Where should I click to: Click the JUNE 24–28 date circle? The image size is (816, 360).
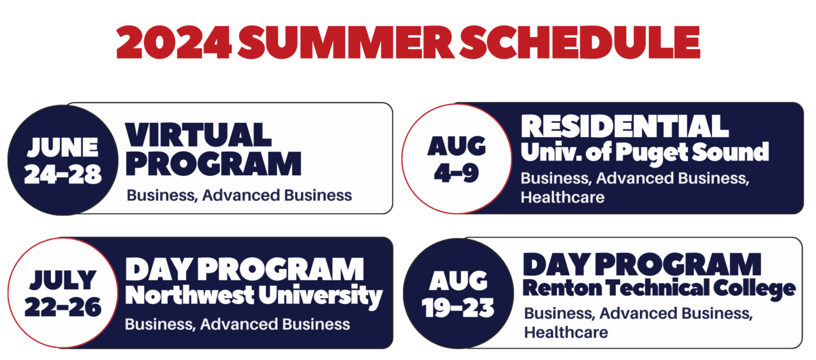[62, 160]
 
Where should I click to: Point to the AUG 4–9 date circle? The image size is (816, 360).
[456, 159]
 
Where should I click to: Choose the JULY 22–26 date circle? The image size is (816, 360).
[62, 293]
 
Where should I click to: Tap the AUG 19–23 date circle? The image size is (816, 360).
[458, 294]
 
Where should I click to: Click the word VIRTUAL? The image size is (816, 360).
[198, 135]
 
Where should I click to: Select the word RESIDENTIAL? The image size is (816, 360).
[625, 126]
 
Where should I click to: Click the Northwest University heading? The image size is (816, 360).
[254, 296]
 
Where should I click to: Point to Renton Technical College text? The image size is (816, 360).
[659, 289]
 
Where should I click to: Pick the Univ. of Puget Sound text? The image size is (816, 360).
[645, 152]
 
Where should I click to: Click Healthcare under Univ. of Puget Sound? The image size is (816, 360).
[562, 198]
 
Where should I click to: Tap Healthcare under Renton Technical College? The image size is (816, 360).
[565, 332]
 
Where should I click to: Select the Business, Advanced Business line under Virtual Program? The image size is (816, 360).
[239, 195]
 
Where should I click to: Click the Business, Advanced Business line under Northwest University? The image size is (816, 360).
[237, 324]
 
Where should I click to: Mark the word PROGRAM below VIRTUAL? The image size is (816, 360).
[213, 164]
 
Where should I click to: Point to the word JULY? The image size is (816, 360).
[62, 280]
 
